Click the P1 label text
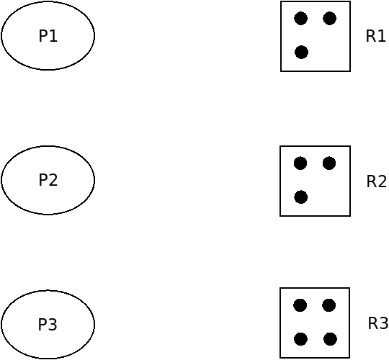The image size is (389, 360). (48, 36)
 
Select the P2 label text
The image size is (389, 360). (48, 180)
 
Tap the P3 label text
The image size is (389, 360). (48, 324)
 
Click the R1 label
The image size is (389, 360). (375, 36)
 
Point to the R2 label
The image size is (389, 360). (376, 181)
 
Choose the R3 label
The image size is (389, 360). (378, 323)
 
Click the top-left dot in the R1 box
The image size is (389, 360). (300, 18)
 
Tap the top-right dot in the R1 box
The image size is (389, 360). (329, 18)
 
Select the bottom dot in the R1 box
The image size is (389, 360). (301, 53)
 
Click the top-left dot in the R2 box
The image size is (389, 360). (300, 163)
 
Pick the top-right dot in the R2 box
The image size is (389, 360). (329, 163)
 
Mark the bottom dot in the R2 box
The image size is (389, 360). (301, 197)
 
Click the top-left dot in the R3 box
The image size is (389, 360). (300, 305)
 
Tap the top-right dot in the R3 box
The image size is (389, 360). (329, 305)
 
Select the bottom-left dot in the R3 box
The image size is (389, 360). (300, 339)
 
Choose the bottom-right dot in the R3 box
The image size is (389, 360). (330, 339)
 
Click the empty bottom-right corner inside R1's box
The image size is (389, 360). (330, 53)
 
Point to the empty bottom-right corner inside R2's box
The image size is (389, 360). (330, 197)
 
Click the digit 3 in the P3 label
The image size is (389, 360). (53, 324)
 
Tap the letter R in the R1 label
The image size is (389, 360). (371, 36)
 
